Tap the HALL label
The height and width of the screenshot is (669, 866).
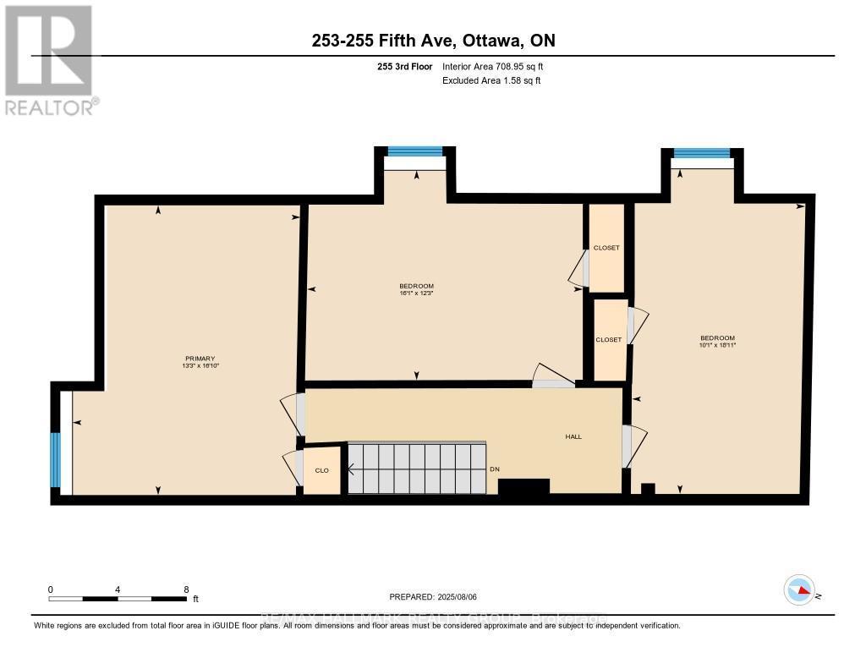click(x=573, y=436)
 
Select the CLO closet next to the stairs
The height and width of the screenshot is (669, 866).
click(x=321, y=470)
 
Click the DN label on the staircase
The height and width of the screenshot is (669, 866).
click(x=495, y=470)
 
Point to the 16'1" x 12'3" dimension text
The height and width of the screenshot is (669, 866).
click(x=416, y=294)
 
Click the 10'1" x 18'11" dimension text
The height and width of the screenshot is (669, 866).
click(x=717, y=345)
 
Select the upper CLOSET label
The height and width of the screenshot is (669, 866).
click(x=606, y=248)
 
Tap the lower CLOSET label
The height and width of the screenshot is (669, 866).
click(x=609, y=339)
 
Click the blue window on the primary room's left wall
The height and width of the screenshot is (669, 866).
click(x=56, y=460)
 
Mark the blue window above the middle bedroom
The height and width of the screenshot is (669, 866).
click(x=414, y=151)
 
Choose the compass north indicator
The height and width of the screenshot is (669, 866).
click(x=800, y=590)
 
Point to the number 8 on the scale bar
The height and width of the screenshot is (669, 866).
click(x=186, y=589)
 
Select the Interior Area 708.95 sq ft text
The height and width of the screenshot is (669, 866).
click(x=499, y=66)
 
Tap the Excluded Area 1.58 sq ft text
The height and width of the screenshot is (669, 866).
click(x=491, y=80)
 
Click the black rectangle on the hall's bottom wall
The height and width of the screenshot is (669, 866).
click(x=523, y=485)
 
